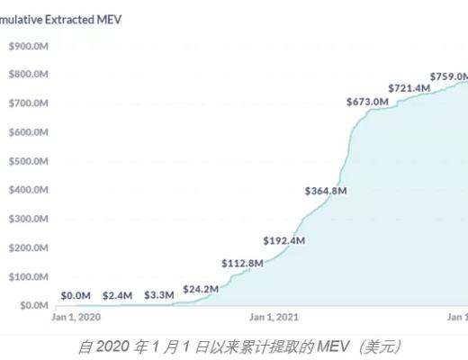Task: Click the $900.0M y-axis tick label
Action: [x=28, y=46]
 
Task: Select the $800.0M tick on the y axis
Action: [x=28, y=75]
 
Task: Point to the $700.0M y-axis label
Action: [x=28, y=103]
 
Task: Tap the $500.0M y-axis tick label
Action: [x=28, y=161]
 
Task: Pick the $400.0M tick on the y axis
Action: [x=28, y=190]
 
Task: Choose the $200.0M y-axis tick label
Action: [x=28, y=247]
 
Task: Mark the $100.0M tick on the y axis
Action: [x=28, y=276]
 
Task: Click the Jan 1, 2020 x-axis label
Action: [x=77, y=317]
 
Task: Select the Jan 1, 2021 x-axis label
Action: [x=274, y=317]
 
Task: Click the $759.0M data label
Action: [x=448, y=76]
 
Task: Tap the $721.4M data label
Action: [x=408, y=88]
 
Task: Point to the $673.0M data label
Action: [x=366, y=102]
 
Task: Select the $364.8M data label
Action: [x=326, y=191]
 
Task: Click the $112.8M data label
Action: [x=243, y=263]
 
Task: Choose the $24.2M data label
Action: [x=201, y=289]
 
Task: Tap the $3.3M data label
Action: [x=158, y=295]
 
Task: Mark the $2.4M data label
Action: [x=118, y=295]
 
